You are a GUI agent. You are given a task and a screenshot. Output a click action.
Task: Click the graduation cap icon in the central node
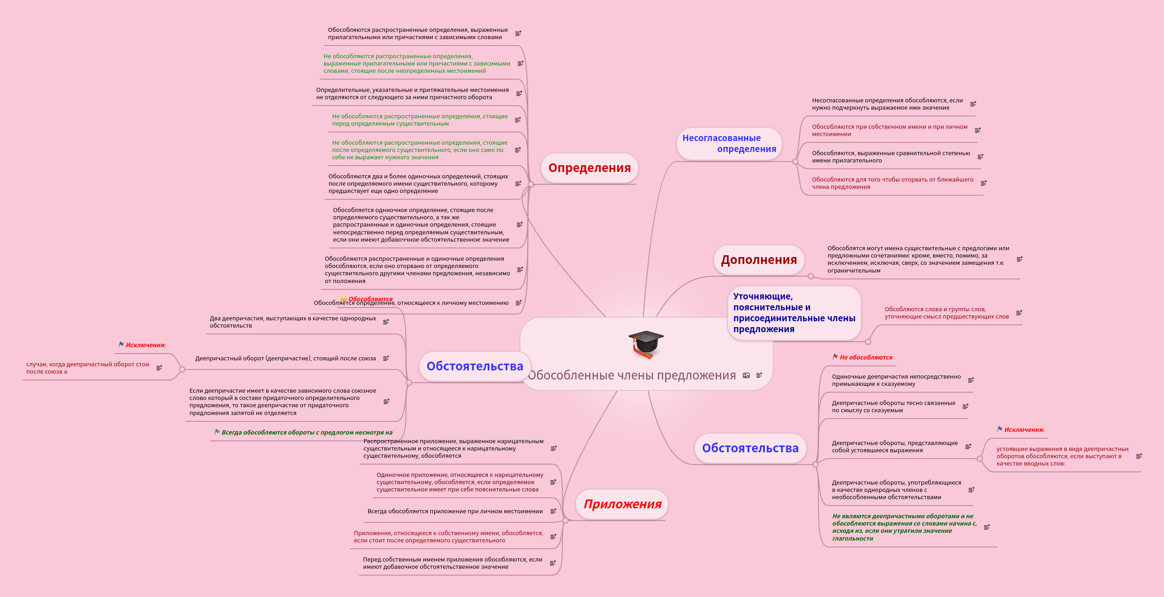(x=646, y=344)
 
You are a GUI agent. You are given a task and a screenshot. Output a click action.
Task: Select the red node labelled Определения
(x=589, y=168)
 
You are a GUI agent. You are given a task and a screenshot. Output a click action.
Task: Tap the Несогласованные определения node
(x=729, y=143)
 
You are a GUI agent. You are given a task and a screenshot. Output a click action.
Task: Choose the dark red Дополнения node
(x=759, y=260)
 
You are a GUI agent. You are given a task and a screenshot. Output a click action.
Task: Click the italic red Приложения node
(x=622, y=504)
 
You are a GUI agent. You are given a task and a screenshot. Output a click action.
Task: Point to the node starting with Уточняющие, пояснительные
(x=794, y=313)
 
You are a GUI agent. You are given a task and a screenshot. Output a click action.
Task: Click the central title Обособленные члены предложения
(x=631, y=375)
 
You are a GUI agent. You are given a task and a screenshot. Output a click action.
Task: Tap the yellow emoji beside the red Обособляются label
(x=344, y=299)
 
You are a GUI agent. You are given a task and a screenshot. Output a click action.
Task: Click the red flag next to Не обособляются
(x=835, y=357)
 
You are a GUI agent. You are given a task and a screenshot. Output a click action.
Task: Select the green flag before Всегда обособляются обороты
(x=217, y=432)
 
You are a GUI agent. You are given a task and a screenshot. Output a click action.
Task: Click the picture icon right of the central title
(x=746, y=375)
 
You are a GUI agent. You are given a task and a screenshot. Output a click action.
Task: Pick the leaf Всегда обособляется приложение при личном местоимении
(x=455, y=511)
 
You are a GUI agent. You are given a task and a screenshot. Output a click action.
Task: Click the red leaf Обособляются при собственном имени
(x=889, y=131)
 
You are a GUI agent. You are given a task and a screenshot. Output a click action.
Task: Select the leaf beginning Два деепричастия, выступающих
(x=293, y=322)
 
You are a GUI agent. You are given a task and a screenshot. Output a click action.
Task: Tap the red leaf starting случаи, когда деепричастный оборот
(x=87, y=368)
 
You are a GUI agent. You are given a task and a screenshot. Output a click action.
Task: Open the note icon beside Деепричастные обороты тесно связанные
(x=965, y=406)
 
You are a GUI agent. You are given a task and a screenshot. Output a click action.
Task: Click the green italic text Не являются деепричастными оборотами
(x=904, y=527)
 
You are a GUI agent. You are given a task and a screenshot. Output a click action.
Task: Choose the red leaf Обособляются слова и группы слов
(x=946, y=313)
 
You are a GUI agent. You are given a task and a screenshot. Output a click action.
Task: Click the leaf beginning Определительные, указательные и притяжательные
(x=412, y=94)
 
